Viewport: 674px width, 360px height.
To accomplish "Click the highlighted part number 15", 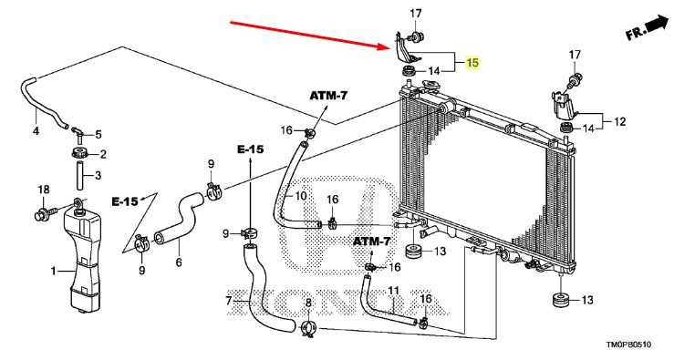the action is click(x=472, y=62).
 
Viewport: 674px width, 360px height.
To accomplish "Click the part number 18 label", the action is click(x=44, y=190).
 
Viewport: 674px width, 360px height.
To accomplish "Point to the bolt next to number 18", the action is click(x=46, y=212).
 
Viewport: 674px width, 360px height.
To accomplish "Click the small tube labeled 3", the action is click(x=80, y=175).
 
